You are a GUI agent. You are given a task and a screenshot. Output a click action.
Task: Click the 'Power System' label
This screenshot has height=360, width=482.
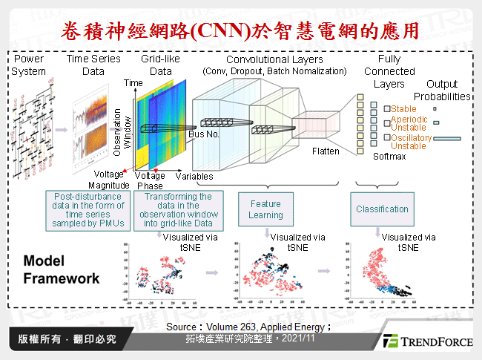click(28, 65)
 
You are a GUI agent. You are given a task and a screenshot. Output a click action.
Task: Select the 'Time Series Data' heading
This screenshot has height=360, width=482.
click(93, 65)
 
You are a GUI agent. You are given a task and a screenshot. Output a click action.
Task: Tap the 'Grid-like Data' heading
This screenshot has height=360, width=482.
click(156, 65)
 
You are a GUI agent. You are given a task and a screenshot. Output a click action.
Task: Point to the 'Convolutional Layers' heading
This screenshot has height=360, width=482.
click(274, 59)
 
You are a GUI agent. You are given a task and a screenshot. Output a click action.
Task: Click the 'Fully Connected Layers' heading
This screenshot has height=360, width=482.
click(389, 71)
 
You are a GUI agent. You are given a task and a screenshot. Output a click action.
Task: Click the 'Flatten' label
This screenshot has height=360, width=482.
click(326, 151)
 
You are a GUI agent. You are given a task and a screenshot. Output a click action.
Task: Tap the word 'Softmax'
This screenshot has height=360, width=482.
click(389, 157)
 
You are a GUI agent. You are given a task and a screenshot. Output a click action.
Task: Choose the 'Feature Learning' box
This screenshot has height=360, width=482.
click(265, 209)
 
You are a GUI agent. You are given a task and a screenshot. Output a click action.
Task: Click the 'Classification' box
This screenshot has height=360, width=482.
click(382, 210)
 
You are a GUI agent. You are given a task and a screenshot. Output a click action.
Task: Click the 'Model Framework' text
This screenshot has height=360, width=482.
click(61, 270)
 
